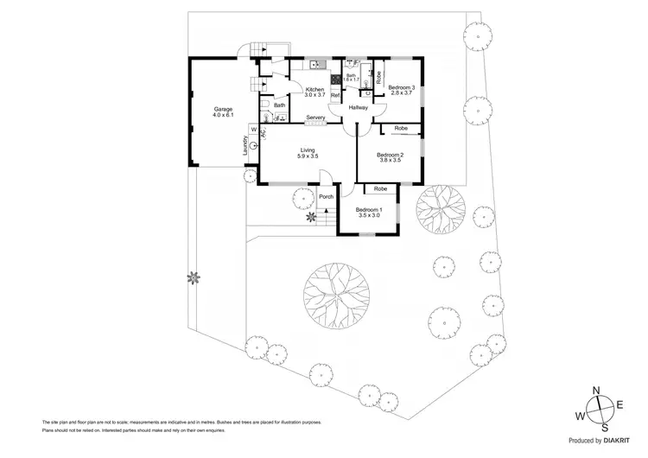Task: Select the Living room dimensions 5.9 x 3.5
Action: click(308, 156)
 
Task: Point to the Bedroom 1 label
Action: click(368, 210)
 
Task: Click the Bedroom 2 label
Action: click(390, 154)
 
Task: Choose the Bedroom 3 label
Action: click(401, 87)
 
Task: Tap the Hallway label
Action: click(359, 108)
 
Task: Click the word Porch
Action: click(326, 196)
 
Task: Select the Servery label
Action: click(315, 118)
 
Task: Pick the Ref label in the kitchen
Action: click(334, 95)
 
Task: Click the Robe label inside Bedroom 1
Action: click(379, 188)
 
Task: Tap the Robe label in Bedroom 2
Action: click(401, 129)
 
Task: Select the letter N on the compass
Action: click(595, 390)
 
